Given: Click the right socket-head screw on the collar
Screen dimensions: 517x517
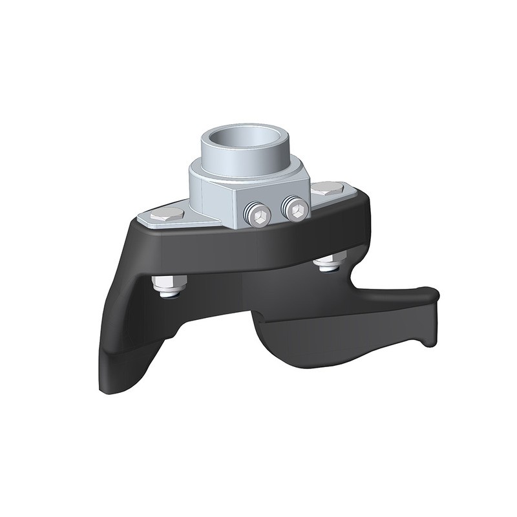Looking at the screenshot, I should (296, 209).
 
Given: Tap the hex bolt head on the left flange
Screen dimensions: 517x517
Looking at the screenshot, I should (167, 214).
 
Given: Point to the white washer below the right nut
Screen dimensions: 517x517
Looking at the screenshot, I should (328, 269).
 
